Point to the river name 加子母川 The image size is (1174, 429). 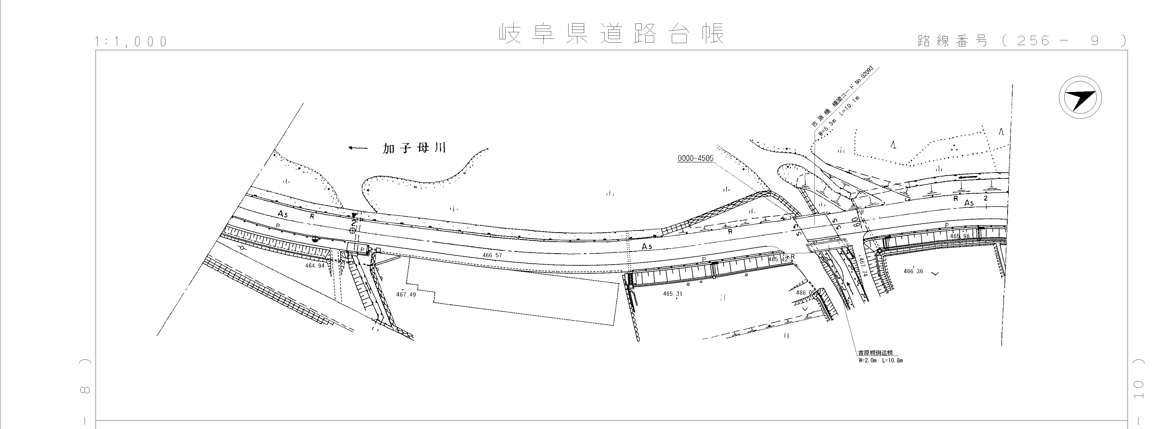(414, 148)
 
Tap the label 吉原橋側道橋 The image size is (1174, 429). (875, 353)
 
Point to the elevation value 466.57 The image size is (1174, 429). (492, 255)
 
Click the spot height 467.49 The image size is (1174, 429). (406, 295)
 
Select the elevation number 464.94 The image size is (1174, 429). (315, 266)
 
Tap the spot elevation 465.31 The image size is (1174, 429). (673, 294)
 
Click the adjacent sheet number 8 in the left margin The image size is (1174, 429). (85, 390)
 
